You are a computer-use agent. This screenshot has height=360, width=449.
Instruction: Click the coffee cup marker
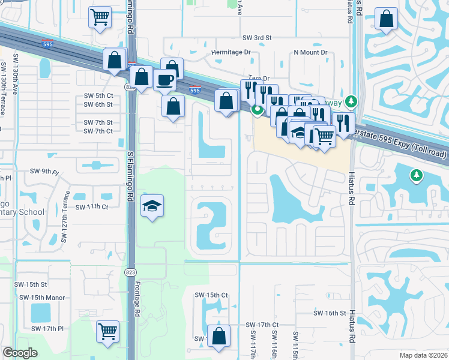164,80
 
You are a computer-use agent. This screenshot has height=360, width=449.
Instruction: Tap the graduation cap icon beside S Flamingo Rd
152,206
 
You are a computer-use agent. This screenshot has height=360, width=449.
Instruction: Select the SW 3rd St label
257,38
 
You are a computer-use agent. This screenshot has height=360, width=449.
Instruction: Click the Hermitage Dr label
230,52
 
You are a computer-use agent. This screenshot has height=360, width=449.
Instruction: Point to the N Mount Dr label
310,52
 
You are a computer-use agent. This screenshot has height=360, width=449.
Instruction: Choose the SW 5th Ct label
98,96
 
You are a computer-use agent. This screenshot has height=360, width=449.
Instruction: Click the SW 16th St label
330,313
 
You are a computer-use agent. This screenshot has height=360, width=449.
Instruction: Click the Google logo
20,353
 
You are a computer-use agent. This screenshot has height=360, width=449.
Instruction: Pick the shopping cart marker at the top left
100,17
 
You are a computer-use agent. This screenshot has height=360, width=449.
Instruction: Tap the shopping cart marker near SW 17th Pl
107,330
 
